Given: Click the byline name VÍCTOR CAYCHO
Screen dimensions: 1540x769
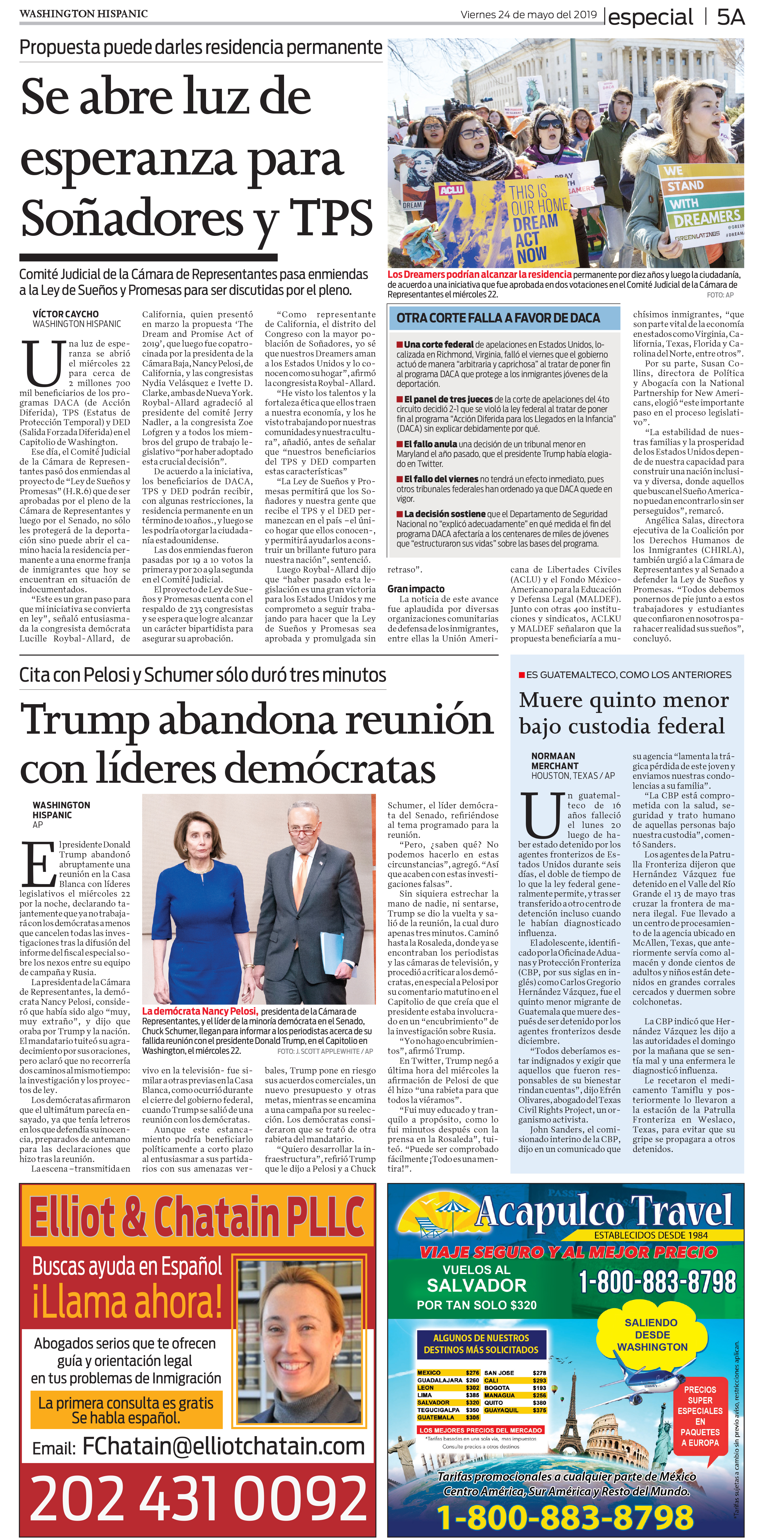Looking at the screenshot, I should point(66,314).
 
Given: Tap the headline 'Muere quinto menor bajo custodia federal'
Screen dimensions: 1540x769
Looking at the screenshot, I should point(623,713).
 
